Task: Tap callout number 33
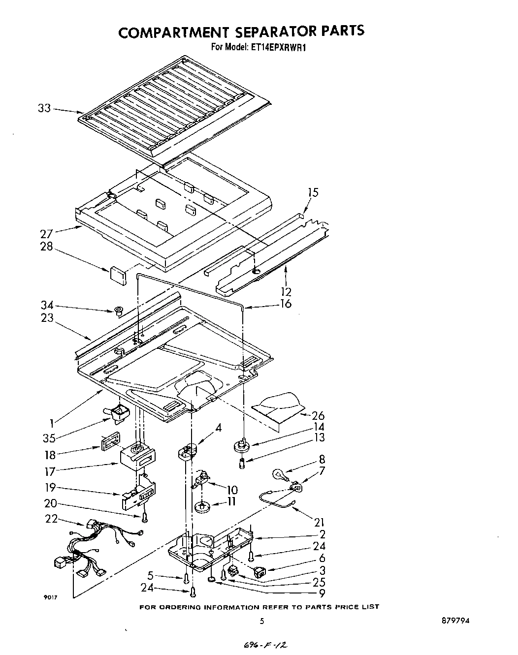(44, 108)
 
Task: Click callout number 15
(313, 192)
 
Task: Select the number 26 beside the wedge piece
(318, 416)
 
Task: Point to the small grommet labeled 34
(118, 311)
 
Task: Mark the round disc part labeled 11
(202, 506)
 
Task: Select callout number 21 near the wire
(319, 522)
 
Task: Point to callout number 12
(286, 291)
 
